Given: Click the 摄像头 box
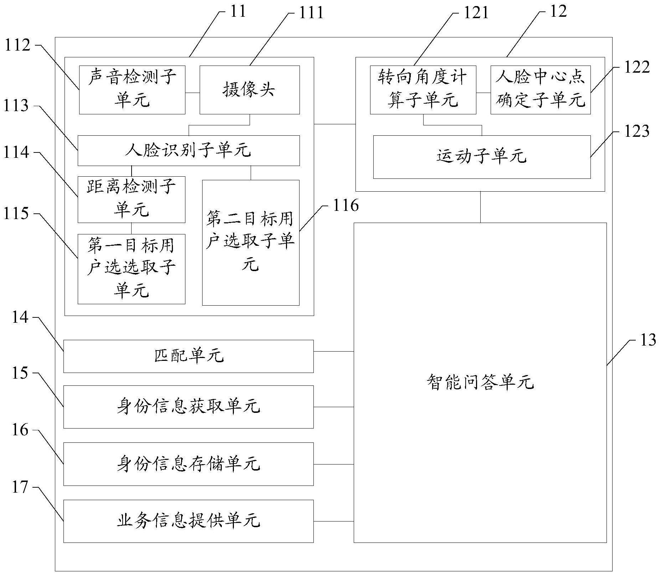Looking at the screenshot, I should (x=249, y=90).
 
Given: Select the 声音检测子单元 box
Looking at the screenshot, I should (x=132, y=90).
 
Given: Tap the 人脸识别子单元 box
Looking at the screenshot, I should (x=188, y=150).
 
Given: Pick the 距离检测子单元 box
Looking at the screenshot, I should (x=131, y=199).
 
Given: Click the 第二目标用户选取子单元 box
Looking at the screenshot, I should (x=250, y=242).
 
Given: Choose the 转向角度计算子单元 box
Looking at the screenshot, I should (x=423, y=90).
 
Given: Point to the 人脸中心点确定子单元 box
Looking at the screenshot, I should (x=540, y=90).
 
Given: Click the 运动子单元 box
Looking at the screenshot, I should (x=481, y=157).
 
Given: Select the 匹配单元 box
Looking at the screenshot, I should (x=188, y=356).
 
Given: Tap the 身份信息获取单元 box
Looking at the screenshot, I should (x=188, y=407).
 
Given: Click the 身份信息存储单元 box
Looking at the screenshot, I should (x=188, y=464).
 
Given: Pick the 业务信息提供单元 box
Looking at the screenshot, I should (x=188, y=521).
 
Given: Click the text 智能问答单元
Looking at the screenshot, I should (x=480, y=383).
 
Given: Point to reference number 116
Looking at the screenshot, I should (x=345, y=206).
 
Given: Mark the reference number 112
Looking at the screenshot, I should (x=17, y=46).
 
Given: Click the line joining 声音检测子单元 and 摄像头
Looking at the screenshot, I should (x=192, y=93).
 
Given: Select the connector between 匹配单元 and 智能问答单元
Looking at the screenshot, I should (x=333, y=351).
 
